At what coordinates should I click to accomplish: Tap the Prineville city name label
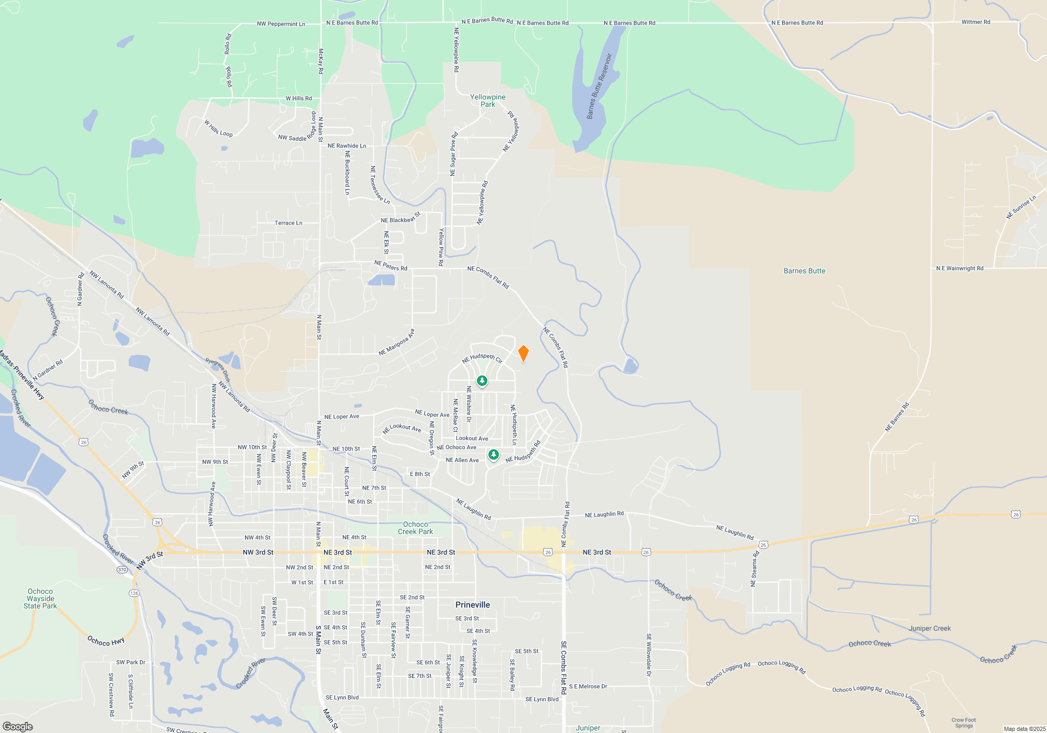point(473,605)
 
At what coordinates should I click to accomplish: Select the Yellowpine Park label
point(488,101)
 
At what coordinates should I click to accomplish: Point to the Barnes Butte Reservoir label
point(599,86)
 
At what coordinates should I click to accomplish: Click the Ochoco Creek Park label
point(416,528)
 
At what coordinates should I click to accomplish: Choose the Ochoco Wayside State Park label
point(40,598)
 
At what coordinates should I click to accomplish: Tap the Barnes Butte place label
point(804,271)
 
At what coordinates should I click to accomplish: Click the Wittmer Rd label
point(976,22)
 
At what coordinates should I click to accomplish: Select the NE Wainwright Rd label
point(960,269)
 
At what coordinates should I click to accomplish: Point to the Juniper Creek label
point(930,628)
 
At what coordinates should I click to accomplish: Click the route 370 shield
point(122,570)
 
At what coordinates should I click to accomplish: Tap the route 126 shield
point(134,593)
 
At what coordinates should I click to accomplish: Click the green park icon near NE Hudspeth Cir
point(482,381)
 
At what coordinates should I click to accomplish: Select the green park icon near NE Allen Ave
point(493,454)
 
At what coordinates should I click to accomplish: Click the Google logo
point(18,727)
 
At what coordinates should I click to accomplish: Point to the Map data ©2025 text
point(1024,729)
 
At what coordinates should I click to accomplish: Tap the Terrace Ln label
point(288,223)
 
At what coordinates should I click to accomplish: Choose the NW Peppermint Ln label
point(281,24)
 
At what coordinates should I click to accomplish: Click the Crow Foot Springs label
point(964,723)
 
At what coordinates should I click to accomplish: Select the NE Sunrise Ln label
point(1021,207)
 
